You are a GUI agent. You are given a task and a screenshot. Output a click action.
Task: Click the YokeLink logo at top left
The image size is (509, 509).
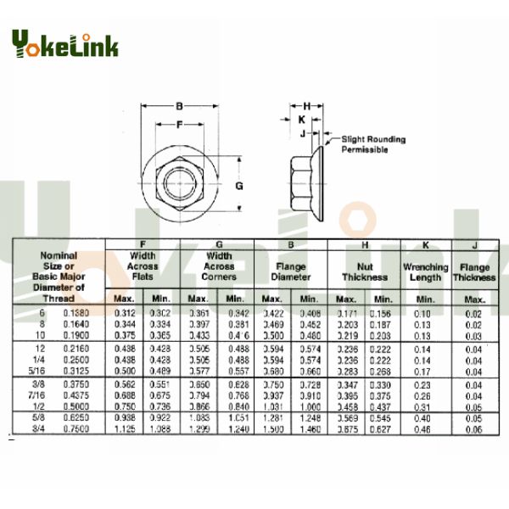[x=64, y=44]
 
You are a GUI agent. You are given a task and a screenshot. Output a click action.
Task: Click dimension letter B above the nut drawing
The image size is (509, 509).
[x=179, y=107]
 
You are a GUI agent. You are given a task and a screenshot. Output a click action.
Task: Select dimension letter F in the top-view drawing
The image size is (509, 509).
[x=179, y=124]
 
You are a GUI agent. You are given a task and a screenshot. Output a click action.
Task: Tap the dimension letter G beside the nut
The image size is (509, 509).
[x=239, y=185]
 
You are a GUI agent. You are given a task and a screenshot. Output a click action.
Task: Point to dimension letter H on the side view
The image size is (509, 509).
[x=306, y=105]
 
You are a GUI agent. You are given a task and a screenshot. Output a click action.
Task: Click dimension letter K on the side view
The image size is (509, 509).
[x=301, y=120]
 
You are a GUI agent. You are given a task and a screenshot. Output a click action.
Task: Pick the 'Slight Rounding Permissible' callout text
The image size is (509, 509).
[x=373, y=144]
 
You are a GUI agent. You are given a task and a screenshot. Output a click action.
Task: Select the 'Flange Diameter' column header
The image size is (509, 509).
[x=290, y=271]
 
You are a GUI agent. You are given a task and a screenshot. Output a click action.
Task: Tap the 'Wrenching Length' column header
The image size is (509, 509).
[x=425, y=271]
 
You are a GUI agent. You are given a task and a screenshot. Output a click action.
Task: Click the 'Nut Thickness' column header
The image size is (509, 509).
[x=364, y=271]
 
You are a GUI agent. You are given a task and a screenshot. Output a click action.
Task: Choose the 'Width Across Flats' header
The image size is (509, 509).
[x=143, y=266]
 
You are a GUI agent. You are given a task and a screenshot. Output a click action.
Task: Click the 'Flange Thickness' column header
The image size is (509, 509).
[x=473, y=271]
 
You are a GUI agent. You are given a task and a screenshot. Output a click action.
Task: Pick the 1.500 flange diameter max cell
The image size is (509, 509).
[x=271, y=428]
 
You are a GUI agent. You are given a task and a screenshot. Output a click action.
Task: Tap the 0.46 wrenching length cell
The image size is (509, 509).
[x=422, y=428]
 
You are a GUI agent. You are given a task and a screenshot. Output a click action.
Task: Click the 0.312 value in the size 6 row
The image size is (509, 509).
[x=124, y=314]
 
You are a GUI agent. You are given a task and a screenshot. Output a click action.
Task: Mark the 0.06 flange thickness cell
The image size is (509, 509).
[x=473, y=428]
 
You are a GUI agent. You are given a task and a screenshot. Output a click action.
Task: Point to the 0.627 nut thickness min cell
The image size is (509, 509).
[x=383, y=428]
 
